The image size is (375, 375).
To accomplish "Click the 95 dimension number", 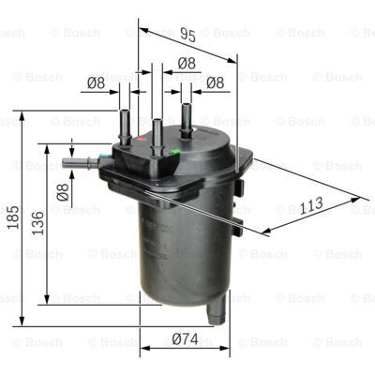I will [187, 37].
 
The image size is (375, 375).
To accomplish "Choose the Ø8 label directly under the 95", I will [186, 64].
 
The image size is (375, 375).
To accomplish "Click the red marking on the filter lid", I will [142, 140].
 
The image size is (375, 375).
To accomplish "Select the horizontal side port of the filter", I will [80, 164].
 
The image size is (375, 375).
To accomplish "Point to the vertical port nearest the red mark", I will [125, 125].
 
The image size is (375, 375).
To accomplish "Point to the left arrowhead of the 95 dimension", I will [142, 28].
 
